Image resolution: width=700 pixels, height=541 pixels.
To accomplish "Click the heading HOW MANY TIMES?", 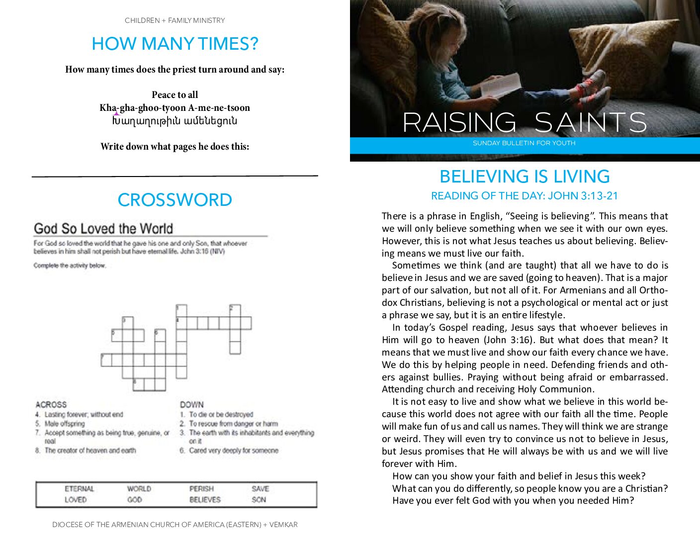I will coord(175,44).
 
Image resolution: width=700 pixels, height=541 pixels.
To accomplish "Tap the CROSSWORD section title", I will coord(175,200).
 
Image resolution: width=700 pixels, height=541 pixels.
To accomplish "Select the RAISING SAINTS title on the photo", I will coord(525,122).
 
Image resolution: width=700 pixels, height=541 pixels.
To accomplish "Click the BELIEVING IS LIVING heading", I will coord(525,177).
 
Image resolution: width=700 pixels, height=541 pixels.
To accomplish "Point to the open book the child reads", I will coord(501,85).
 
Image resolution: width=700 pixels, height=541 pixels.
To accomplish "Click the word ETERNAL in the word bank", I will coord(79,489).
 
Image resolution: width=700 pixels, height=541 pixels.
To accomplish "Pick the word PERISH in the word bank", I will coord(201,489).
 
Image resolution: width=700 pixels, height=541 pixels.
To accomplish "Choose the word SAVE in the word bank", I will coord(260,489).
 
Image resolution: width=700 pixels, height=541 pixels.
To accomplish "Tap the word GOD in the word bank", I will coord(134,499).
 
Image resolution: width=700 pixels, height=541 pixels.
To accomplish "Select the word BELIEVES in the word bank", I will coord(205,499).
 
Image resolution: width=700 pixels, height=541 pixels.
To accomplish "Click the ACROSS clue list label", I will coord(51,405).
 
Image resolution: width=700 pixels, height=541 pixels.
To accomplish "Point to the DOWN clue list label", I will coord(192,405).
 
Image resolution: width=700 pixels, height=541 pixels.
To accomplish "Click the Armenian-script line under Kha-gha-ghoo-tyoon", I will coord(175,121).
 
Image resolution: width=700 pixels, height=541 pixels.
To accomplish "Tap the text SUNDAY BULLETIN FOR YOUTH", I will coord(524,143).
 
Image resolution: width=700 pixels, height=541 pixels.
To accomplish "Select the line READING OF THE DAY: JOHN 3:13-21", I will coord(525,196).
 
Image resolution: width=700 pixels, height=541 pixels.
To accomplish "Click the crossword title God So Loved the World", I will coord(103,229).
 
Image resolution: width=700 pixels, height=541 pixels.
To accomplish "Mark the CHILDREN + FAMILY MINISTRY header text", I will coord(175,20).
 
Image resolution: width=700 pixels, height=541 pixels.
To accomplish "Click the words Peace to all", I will coord(175,95).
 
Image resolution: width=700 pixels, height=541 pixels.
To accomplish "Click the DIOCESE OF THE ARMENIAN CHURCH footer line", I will coord(175,525).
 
